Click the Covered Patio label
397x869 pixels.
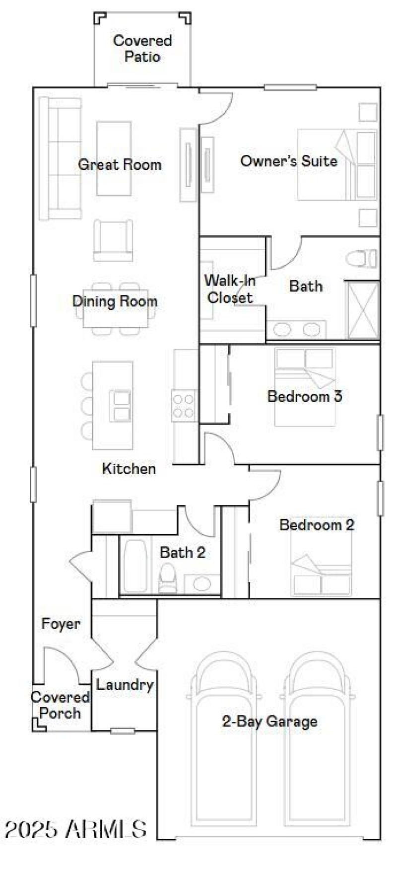(x=142, y=48)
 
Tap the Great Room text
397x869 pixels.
(x=120, y=164)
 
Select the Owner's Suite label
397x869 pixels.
(x=288, y=161)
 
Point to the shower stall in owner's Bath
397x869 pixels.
(x=363, y=310)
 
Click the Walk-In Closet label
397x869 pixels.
(x=230, y=289)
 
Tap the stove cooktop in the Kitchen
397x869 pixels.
(x=183, y=406)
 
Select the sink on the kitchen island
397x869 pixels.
(x=121, y=406)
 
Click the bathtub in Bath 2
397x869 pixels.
(x=135, y=566)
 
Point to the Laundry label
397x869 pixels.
(x=125, y=685)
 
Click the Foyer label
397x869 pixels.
(x=61, y=624)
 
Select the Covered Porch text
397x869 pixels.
(x=60, y=705)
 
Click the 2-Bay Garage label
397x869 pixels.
(x=269, y=721)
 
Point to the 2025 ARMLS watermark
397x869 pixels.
(x=75, y=829)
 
